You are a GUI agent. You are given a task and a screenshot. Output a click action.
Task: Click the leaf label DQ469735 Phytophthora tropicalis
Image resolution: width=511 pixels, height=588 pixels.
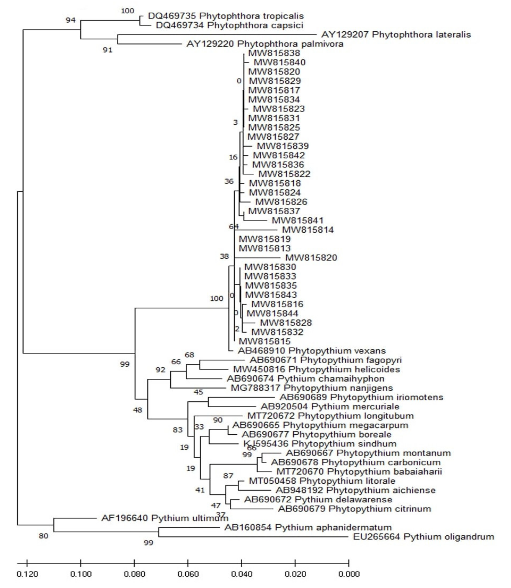[226, 16]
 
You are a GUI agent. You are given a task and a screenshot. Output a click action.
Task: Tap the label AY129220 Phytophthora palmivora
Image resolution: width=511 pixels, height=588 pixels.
[265, 44]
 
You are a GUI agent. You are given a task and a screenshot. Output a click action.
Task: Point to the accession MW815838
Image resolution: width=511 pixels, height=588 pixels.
[274, 53]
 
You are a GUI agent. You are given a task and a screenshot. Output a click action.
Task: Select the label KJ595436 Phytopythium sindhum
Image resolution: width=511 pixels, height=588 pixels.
[320, 444]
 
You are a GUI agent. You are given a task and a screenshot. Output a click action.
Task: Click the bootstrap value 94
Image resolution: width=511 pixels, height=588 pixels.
[71, 20]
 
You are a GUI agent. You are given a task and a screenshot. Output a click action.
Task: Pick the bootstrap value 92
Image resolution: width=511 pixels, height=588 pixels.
[160, 370]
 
